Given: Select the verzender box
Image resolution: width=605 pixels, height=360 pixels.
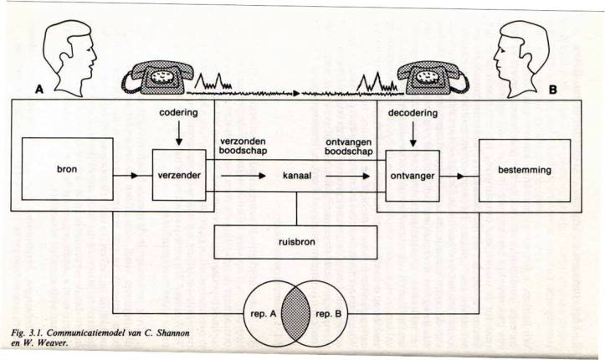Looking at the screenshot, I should pyautogui.click(x=177, y=177).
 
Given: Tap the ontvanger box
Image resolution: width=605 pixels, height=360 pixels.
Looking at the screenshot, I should pyautogui.click(x=408, y=177).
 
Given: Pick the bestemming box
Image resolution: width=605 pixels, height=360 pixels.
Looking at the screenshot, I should pyautogui.click(x=524, y=170).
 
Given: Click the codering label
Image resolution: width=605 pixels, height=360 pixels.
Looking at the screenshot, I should pyautogui.click(x=177, y=111).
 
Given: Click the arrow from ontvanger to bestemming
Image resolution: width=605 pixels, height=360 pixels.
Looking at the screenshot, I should pyautogui.click(x=456, y=177).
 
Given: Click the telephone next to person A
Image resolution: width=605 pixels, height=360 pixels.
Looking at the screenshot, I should pyautogui.click(x=156, y=78).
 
